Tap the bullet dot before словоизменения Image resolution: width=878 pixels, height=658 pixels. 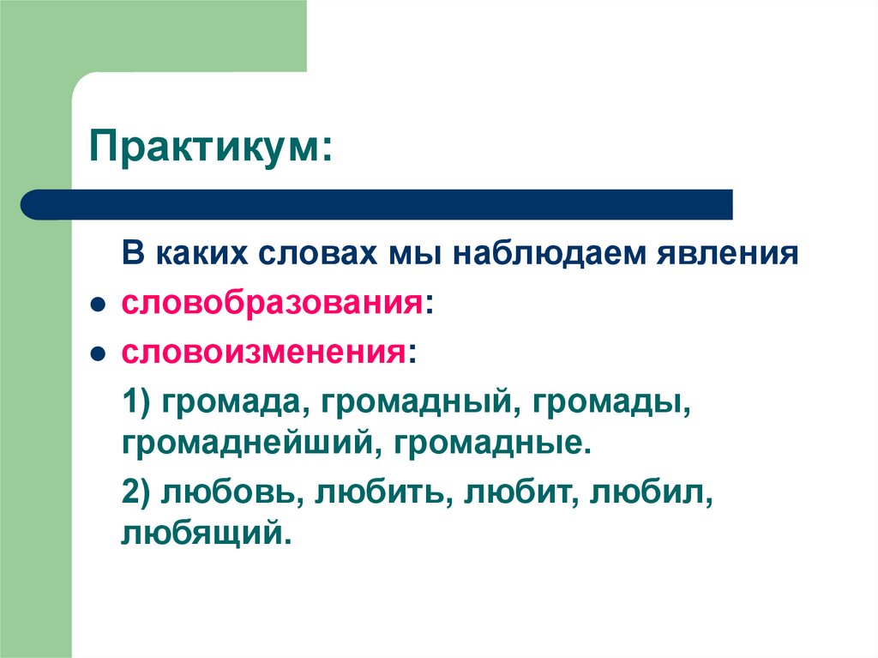click(x=99, y=353)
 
